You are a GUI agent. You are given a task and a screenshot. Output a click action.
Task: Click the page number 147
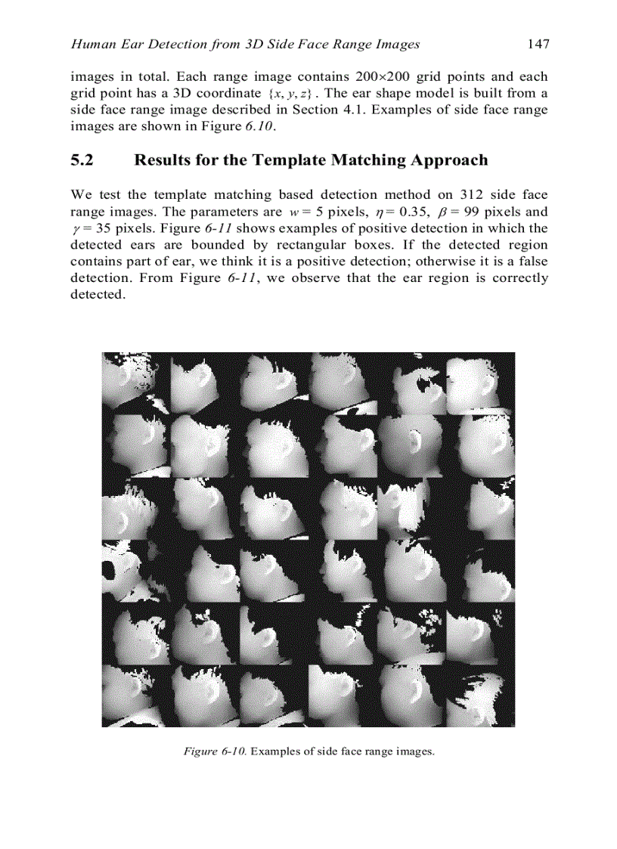(538, 44)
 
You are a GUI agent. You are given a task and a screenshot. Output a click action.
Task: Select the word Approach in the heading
(449, 160)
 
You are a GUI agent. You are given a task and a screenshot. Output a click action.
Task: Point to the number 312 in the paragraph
(473, 195)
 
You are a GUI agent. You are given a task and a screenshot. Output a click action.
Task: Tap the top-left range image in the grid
(136, 383)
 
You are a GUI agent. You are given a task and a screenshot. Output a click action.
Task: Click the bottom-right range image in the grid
(481, 696)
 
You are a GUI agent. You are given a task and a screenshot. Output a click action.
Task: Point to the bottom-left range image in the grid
(136, 696)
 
